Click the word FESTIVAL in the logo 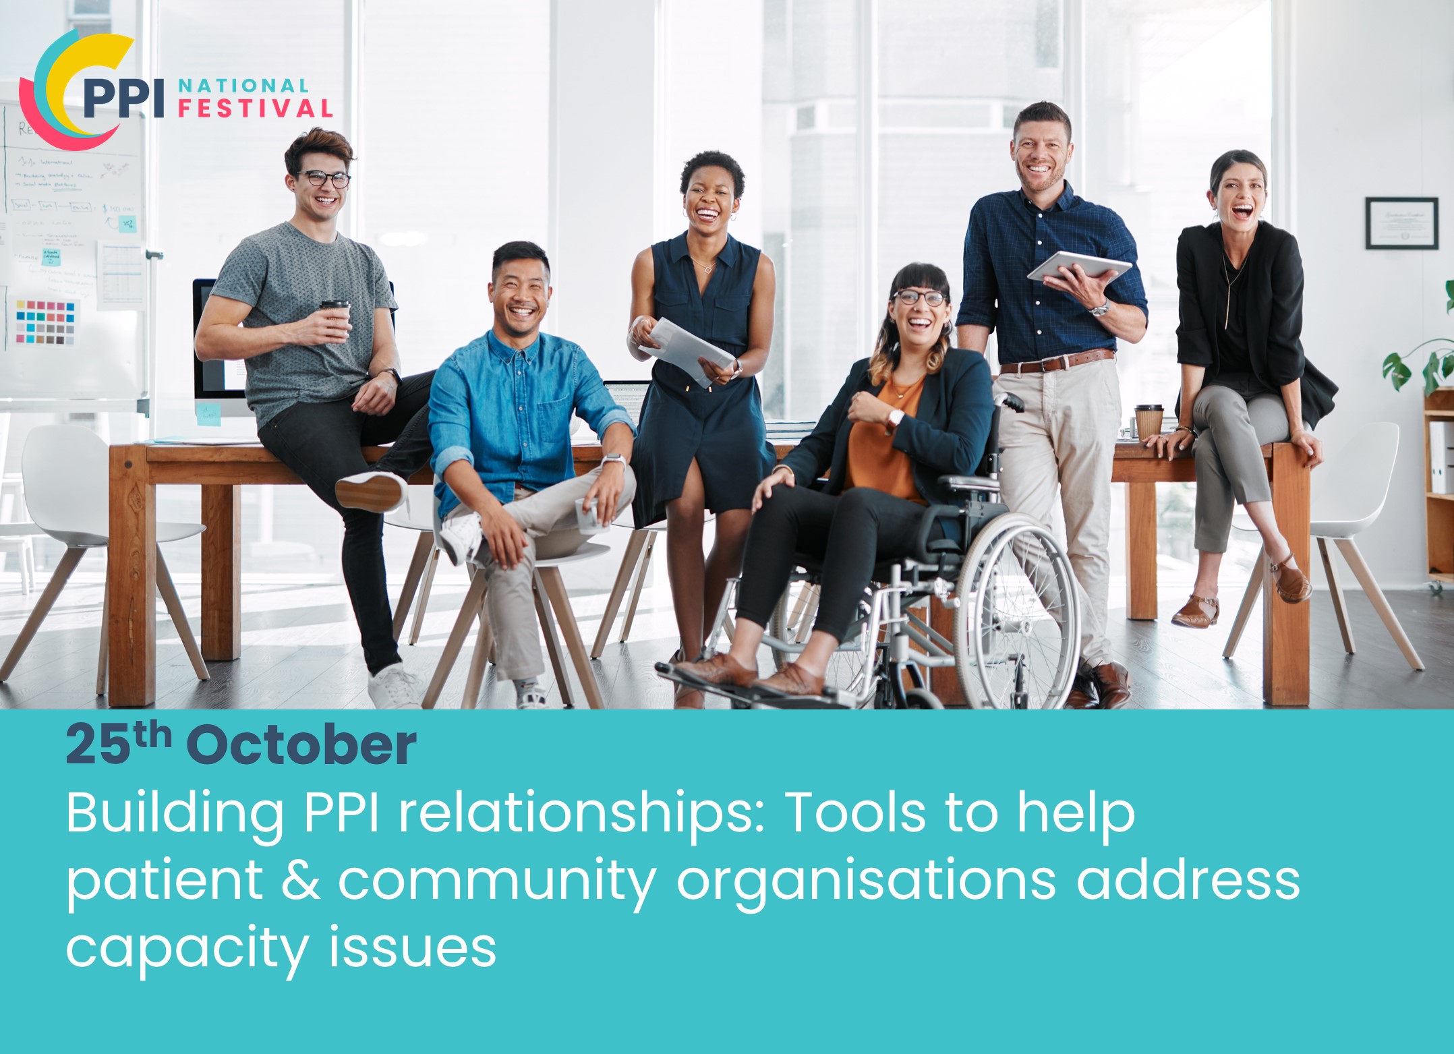coord(255,109)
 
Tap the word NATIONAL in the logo coord(243,86)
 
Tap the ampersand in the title coord(301,880)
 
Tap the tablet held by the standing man coord(1078,266)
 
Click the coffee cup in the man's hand coord(335,319)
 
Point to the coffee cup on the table coord(1149,421)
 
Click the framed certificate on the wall coord(1401,223)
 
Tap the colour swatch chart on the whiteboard coord(45,322)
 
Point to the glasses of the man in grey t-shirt coord(324,179)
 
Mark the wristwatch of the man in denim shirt coord(612,461)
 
